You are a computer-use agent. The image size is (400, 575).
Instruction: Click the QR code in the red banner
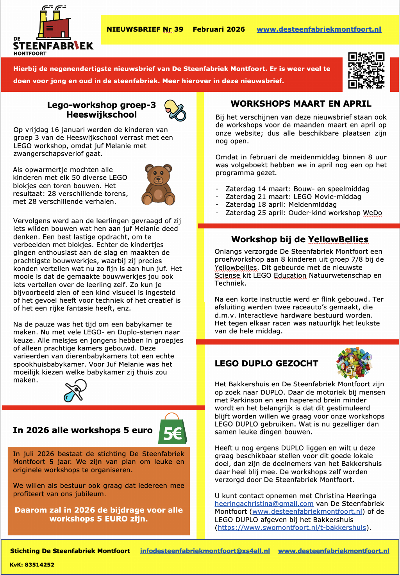[x=366, y=70]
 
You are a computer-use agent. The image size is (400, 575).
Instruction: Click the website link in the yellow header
[x=319, y=29]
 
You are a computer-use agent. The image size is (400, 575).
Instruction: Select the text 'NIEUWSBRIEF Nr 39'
[x=145, y=29]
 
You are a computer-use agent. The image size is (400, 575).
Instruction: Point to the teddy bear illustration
[x=158, y=184]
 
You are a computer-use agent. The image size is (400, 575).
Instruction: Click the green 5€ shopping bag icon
[x=172, y=429]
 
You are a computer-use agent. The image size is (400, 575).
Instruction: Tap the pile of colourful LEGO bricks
[x=354, y=362]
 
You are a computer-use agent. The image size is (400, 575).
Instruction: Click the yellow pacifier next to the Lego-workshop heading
[x=175, y=110]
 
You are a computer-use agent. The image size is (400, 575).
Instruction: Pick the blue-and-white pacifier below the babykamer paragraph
[x=75, y=391]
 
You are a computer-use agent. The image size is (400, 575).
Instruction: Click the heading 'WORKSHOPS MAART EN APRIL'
[x=301, y=104]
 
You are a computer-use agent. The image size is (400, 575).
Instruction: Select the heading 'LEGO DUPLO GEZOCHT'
[x=266, y=363]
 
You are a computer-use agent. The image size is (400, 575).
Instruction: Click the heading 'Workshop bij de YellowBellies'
[x=300, y=239]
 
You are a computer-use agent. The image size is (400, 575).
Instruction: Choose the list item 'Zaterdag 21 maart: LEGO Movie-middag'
[x=293, y=196]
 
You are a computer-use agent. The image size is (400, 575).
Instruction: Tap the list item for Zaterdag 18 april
[x=281, y=204]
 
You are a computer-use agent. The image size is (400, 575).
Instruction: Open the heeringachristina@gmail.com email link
[x=264, y=504]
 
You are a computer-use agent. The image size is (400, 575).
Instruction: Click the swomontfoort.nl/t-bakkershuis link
[x=292, y=527]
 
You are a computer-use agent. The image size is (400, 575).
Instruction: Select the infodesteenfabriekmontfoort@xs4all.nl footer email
[x=205, y=551]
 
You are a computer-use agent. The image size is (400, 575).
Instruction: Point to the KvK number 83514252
[x=32, y=564]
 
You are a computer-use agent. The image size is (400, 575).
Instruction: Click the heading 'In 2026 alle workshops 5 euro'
[x=82, y=430]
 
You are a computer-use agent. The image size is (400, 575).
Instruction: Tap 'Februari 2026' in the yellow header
[x=219, y=29]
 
